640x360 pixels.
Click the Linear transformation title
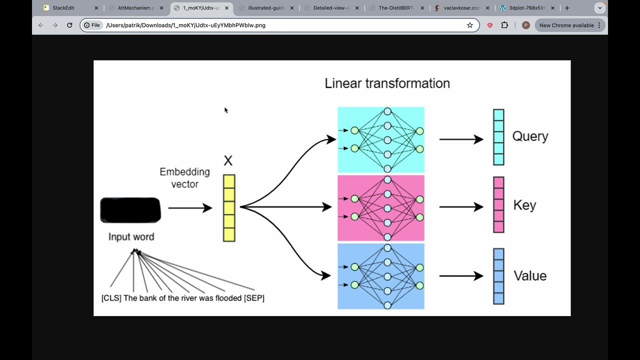[387, 83]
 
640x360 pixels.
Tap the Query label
[530, 136]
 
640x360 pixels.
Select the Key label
[524, 205]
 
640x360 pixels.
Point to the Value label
[530, 276]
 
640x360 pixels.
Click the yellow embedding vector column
[229, 208]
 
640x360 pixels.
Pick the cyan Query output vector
[498, 137]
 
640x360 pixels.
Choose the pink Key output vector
[498, 204]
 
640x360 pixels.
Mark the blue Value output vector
[498, 276]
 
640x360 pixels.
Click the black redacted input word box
[130, 210]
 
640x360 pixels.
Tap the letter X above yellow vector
[228, 161]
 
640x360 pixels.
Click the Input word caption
[131, 237]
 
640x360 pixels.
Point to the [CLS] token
[111, 298]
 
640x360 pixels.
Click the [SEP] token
[254, 298]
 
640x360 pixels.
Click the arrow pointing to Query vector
[461, 139]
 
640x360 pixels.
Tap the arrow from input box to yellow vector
[190, 208]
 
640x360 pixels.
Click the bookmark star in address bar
[470, 25]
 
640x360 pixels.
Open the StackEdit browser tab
[63, 8]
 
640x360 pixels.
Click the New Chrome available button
[569, 25]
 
